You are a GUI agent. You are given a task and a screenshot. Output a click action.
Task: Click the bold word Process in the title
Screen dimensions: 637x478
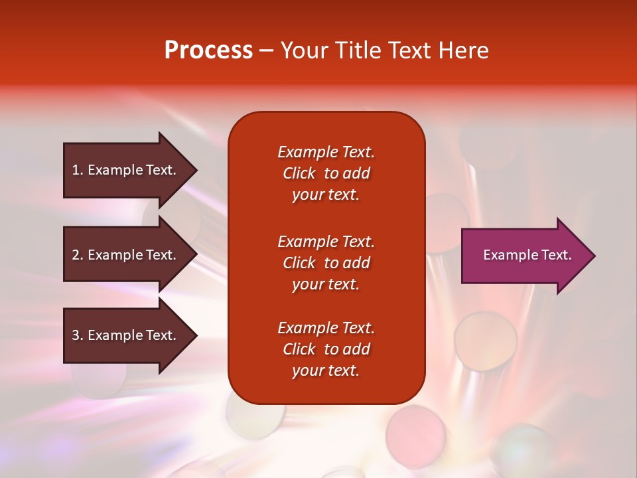click(x=209, y=50)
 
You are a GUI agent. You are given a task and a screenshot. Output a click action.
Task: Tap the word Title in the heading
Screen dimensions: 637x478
click(x=357, y=50)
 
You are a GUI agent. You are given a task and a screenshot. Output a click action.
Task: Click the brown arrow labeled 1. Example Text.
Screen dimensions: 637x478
click(x=130, y=170)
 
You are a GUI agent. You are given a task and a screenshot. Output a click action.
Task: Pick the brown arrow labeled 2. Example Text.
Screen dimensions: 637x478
click(x=130, y=254)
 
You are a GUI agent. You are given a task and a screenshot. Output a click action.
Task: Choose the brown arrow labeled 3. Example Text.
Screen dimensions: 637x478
click(x=130, y=335)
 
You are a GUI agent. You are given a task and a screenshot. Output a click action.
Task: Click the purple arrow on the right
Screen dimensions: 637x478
click(x=528, y=256)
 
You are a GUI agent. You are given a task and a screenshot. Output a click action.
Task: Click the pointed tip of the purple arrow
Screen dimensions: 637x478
click(x=595, y=256)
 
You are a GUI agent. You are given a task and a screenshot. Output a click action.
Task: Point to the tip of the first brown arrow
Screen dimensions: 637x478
click(x=197, y=170)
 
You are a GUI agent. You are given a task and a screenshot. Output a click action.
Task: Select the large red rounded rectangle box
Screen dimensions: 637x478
click(x=326, y=258)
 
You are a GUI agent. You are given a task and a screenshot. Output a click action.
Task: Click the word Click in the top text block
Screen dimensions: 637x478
click(x=299, y=173)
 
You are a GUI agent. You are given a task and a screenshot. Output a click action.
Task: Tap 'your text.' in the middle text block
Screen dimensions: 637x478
click(x=326, y=285)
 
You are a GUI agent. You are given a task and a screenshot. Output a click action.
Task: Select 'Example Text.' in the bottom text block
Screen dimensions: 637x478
click(x=326, y=327)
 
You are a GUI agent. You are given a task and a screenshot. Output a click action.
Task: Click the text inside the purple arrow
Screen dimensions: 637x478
click(x=528, y=255)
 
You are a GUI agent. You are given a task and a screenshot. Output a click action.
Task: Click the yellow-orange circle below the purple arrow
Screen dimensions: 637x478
click(x=486, y=341)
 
